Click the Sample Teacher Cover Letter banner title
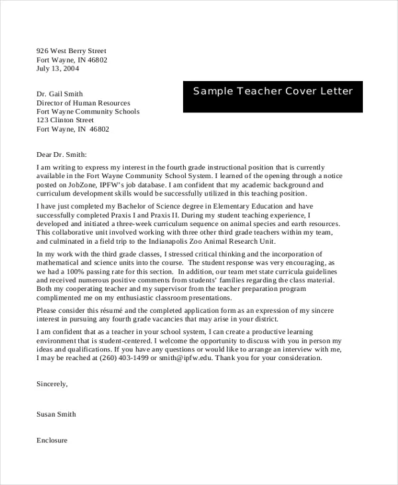[x=273, y=92]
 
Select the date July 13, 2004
[x=58, y=68]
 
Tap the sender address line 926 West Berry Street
[x=71, y=51]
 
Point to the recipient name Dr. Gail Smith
[x=60, y=94]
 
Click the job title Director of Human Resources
[x=84, y=103]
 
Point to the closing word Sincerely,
[x=52, y=384]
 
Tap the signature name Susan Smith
[x=56, y=414]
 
